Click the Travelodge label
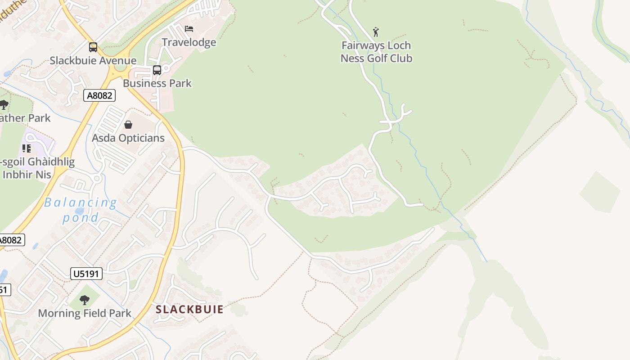[x=189, y=42]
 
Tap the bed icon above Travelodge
[x=189, y=29]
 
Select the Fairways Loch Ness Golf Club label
[x=376, y=52]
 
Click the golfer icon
[x=376, y=32]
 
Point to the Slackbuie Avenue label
[x=93, y=61]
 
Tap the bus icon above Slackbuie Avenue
[x=93, y=47]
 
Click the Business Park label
[x=157, y=83]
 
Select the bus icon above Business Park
[x=157, y=70]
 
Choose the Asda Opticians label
[x=128, y=138]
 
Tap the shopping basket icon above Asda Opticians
[x=128, y=125]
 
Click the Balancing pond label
[x=81, y=210]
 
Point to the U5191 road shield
[x=86, y=274]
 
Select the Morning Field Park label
[x=85, y=313]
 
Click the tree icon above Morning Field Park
[x=85, y=300]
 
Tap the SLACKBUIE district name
[x=189, y=310]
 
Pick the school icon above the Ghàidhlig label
[x=27, y=148]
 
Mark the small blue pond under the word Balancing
[x=80, y=211]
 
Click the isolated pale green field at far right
[x=600, y=192]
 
